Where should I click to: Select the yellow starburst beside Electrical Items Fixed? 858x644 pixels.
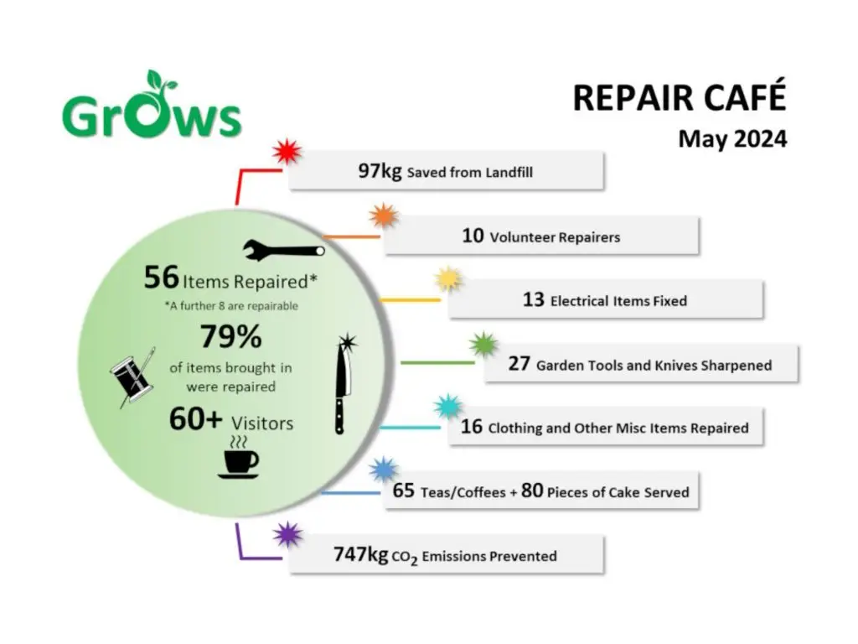pyautogui.click(x=448, y=279)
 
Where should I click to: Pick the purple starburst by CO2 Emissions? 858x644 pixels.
pyautogui.click(x=287, y=534)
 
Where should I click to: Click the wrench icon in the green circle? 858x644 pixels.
pyautogui.click(x=284, y=250)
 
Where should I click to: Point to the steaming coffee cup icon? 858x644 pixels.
pyautogui.click(x=239, y=458)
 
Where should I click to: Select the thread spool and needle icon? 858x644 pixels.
pyautogui.click(x=133, y=378)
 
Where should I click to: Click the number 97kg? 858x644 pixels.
pyautogui.click(x=380, y=171)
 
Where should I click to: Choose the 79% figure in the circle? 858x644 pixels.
pyautogui.click(x=231, y=336)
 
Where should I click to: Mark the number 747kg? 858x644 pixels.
pyautogui.click(x=360, y=554)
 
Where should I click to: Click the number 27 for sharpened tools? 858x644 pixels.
pyautogui.click(x=519, y=364)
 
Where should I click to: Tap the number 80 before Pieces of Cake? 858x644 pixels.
pyautogui.click(x=532, y=490)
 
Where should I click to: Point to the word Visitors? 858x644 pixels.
pyautogui.click(x=262, y=423)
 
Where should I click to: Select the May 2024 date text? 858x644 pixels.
pyautogui.click(x=732, y=138)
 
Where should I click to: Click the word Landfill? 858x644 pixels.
pyautogui.click(x=509, y=173)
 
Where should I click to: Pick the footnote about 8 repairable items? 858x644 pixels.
pyautogui.click(x=231, y=305)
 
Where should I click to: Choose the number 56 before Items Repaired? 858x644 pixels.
pyautogui.click(x=162, y=277)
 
